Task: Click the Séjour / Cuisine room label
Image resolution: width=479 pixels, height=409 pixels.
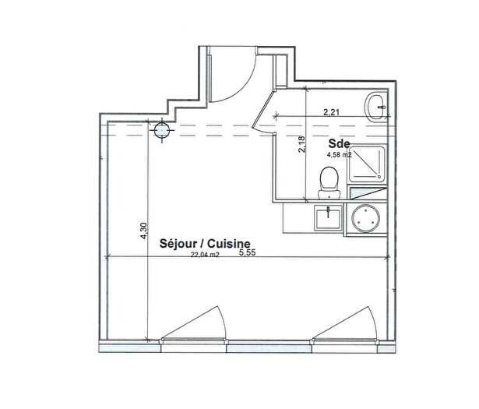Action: click(x=205, y=244)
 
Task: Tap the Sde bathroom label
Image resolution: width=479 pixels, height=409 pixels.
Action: click(x=339, y=143)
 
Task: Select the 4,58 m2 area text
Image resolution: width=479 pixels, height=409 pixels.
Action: click(x=340, y=155)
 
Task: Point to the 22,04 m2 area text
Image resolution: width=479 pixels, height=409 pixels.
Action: click(x=205, y=255)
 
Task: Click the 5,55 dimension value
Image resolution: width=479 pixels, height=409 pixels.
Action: click(x=247, y=252)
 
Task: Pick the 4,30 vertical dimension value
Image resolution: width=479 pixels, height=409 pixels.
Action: click(x=143, y=231)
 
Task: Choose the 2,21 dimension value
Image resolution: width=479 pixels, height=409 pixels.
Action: click(x=331, y=112)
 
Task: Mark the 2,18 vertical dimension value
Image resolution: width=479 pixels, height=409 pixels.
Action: click(x=302, y=144)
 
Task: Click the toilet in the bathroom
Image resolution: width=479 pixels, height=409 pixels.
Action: click(x=329, y=183)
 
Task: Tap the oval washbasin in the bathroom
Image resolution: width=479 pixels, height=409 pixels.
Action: click(x=375, y=108)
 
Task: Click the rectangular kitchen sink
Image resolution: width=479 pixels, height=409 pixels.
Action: click(x=329, y=217)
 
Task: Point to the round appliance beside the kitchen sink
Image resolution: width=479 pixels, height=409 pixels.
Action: click(x=365, y=219)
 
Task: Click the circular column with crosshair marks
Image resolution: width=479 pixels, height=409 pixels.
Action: click(x=161, y=130)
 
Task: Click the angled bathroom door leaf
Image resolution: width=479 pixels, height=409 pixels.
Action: click(x=262, y=111)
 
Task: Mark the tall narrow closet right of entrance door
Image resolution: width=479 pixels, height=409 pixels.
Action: click(x=280, y=72)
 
